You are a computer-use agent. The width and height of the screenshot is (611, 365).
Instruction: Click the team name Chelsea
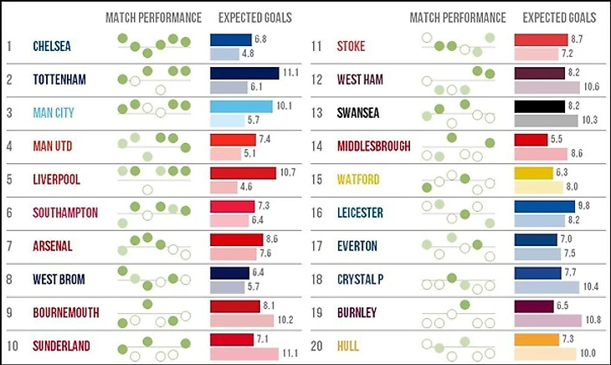[x=52, y=46]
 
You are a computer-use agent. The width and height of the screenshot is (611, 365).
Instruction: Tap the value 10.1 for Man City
[x=282, y=106]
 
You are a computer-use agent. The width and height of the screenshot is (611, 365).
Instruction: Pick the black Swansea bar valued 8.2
[x=540, y=106]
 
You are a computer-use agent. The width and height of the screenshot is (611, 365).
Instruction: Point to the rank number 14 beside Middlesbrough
[x=316, y=146]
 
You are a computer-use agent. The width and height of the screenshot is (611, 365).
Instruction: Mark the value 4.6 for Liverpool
[x=248, y=187]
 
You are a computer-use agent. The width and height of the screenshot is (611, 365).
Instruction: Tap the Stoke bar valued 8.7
[x=542, y=39]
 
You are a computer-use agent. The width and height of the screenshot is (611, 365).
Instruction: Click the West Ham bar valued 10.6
[x=547, y=86]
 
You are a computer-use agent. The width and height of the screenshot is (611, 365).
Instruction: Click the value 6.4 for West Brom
[x=259, y=273]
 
